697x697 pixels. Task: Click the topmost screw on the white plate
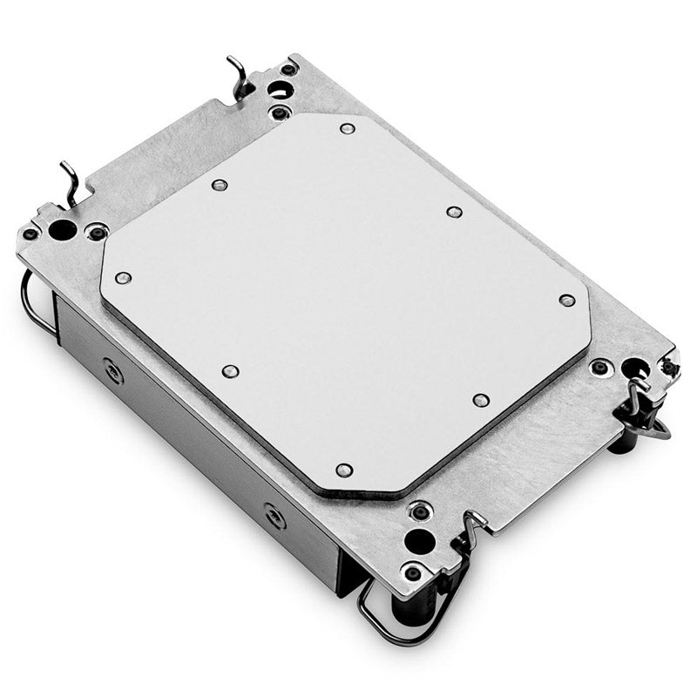347,129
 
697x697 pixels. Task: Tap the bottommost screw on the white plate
344,470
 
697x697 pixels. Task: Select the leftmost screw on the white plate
123,278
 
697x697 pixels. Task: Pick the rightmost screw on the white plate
567,301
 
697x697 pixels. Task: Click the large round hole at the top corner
278,88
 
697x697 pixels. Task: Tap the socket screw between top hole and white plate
278,112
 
